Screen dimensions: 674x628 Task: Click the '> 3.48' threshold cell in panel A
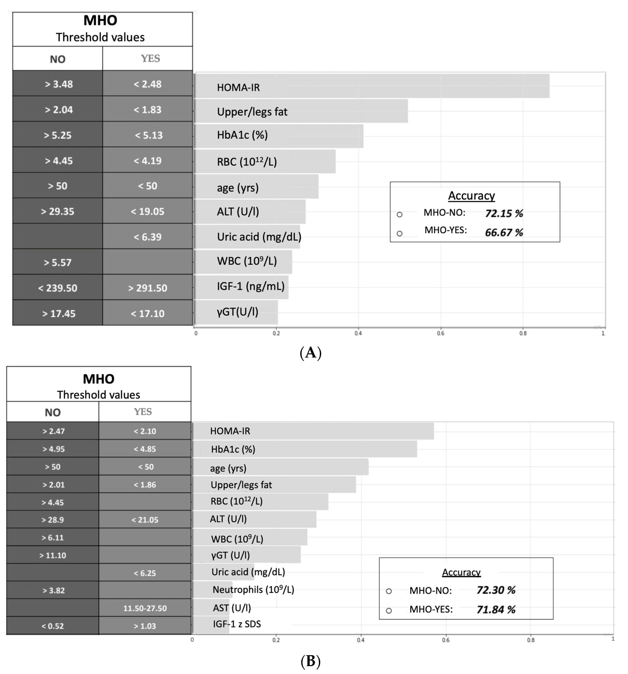pos(58,84)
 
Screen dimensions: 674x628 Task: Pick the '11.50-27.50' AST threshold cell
pos(145,608)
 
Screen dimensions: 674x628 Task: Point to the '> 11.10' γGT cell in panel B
pos(53,555)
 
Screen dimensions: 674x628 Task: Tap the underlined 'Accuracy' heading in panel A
pos(471,196)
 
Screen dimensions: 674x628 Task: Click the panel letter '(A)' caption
pos(310,353)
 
